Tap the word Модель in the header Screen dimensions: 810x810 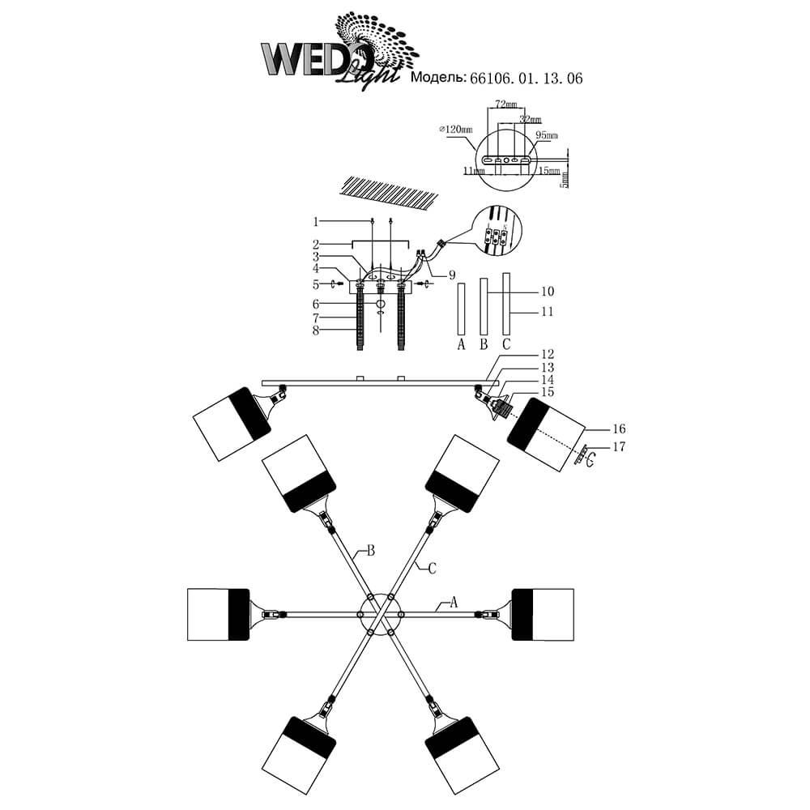pos(438,79)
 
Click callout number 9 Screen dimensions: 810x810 pos(451,274)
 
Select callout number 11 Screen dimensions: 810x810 pos(547,312)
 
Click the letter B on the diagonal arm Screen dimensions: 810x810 pos(370,551)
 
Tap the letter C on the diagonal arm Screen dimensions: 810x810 pos(432,569)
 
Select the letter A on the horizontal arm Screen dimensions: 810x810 pos(454,602)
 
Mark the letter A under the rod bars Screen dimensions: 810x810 pos(461,344)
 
